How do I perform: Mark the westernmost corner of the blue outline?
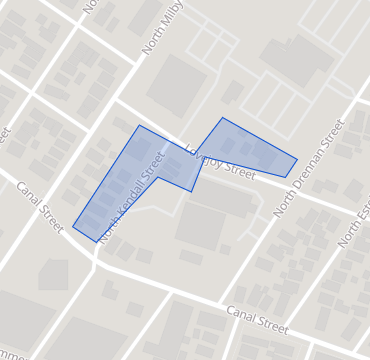click(x=73, y=227)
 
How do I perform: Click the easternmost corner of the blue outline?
click(x=297, y=158)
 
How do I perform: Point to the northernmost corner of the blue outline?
click(x=222, y=117)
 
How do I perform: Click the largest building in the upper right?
click(x=296, y=60)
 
